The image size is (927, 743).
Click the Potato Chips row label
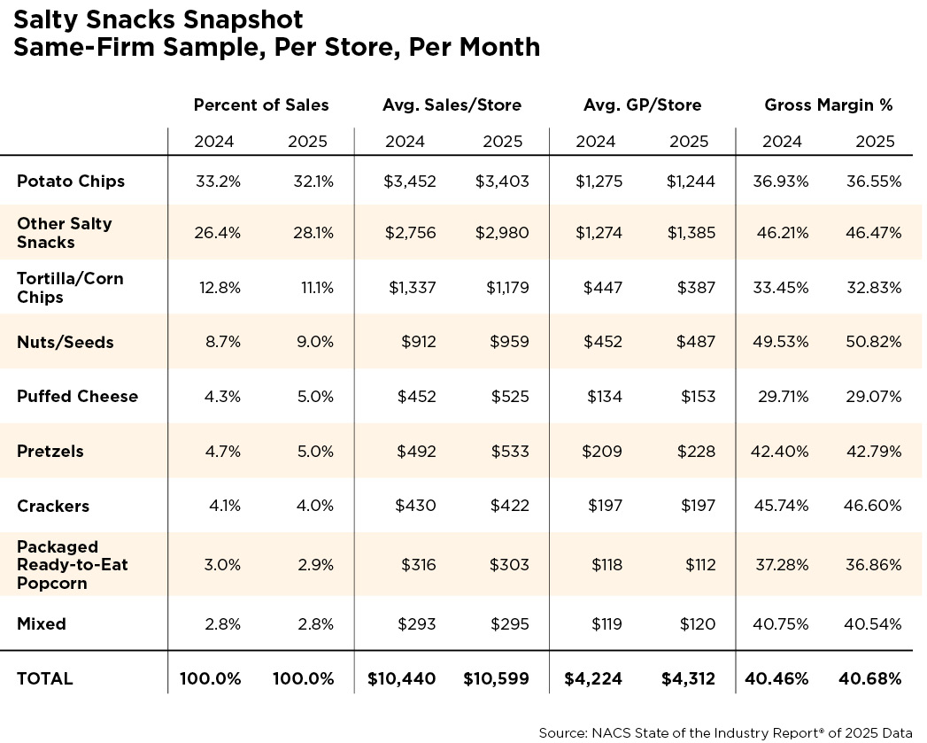(x=71, y=181)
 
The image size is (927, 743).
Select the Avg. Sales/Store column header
(x=452, y=105)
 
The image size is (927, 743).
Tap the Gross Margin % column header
(x=828, y=105)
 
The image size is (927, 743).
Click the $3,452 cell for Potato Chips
(x=410, y=181)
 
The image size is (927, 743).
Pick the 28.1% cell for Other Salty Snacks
(x=313, y=233)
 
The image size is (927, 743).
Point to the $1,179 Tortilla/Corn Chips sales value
(x=507, y=288)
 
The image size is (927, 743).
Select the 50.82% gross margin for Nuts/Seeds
(x=874, y=342)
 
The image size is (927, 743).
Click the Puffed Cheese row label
(x=77, y=397)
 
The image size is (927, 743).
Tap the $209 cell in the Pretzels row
(x=602, y=452)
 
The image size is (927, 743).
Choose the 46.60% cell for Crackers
(x=873, y=506)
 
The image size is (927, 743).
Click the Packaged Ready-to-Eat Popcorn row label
(x=72, y=565)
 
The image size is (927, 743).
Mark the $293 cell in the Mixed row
(x=417, y=624)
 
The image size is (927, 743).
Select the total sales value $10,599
(x=496, y=678)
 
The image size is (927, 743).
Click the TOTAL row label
(x=45, y=678)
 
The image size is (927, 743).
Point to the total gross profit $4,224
(x=593, y=678)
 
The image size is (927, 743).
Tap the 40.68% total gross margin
(x=870, y=678)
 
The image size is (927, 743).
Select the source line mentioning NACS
(x=725, y=733)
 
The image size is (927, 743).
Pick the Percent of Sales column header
(x=260, y=105)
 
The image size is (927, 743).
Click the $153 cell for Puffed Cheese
(x=698, y=397)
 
